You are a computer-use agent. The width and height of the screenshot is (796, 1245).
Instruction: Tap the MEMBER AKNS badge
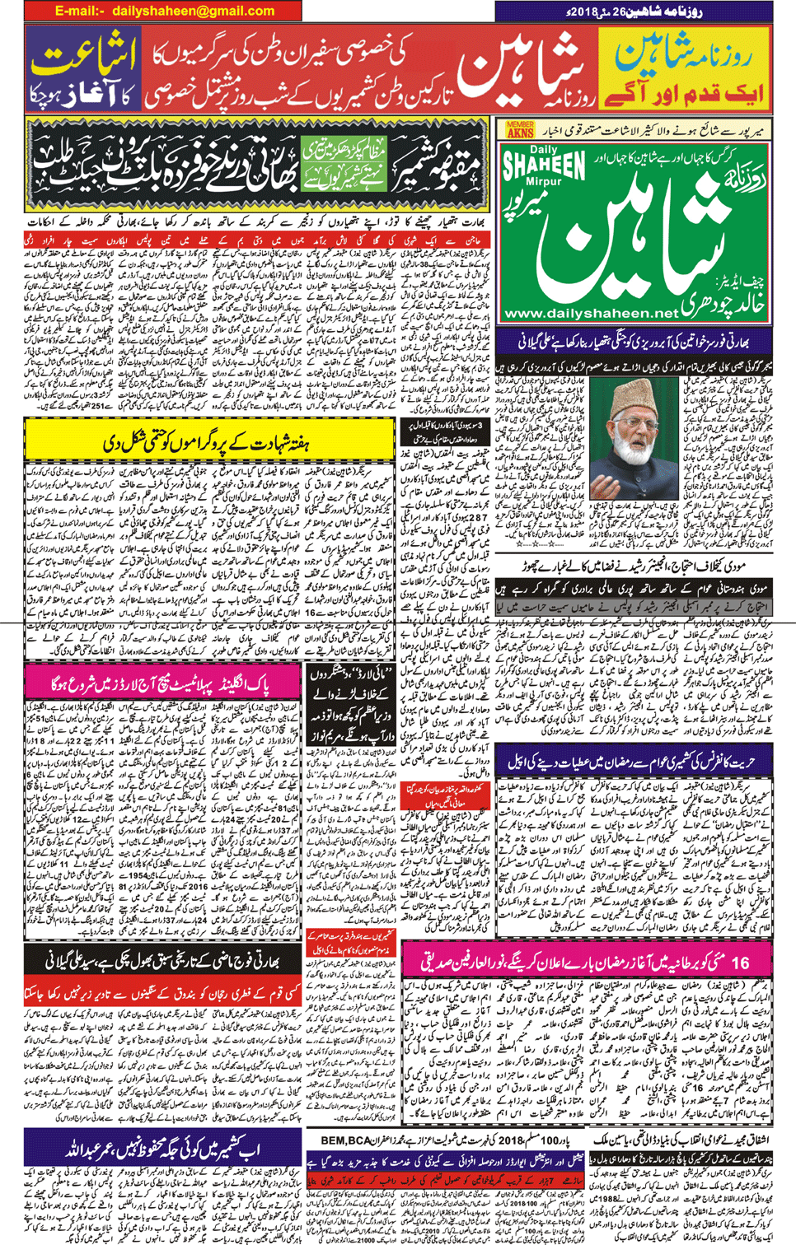tap(520, 129)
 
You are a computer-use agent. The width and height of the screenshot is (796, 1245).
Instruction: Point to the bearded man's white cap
tap(632, 389)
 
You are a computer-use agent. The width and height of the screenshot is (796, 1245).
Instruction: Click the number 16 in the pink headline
tap(739, 961)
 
